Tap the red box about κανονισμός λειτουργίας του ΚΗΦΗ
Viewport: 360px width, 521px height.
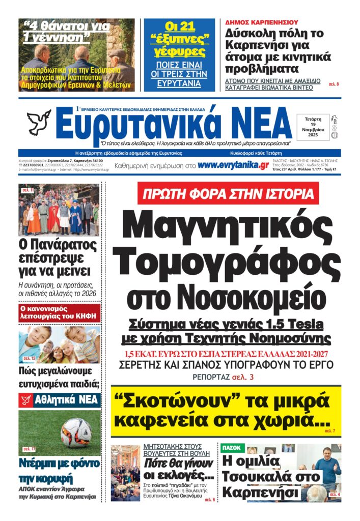[59, 312]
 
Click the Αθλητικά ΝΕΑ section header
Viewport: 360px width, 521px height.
[59, 400]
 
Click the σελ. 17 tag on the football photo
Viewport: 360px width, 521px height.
[29, 449]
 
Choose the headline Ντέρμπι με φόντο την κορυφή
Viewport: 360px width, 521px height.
[59, 471]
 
